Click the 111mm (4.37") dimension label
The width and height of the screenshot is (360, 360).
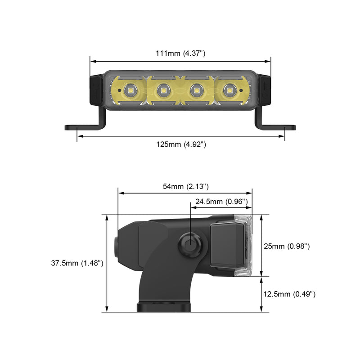pyautogui.click(x=180, y=54)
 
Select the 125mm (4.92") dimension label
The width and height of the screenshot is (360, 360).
pyautogui.click(x=181, y=144)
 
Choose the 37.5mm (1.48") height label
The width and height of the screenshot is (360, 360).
pyautogui.click(x=77, y=264)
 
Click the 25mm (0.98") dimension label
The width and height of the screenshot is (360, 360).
pyautogui.click(x=287, y=246)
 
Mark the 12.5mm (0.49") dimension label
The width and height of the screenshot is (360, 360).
pyautogui.click(x=289, y=294)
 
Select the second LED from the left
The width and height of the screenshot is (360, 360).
pyautogui.click(x=162, y=90)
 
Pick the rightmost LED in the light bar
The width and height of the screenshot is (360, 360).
pyautogui.click(x=229, y=90)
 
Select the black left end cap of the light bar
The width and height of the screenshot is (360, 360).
pyautogui.click(x=96, y=90)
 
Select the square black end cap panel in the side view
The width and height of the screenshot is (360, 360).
pyautogui.click(x=227, y=246)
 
